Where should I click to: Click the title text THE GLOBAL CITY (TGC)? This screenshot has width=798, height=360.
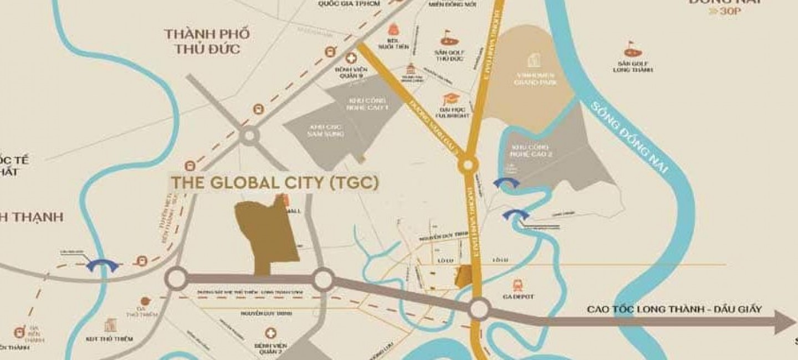coord(274,183)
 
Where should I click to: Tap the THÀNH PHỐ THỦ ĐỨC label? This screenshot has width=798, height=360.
coord(207,41)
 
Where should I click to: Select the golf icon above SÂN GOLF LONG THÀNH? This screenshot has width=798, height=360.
coord(632,49)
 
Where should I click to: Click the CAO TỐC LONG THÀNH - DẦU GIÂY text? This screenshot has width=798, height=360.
coord(674,309)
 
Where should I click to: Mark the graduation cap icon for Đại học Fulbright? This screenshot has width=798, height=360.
coord(448,99)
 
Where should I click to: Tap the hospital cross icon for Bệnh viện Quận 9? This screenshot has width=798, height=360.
coord(350,58)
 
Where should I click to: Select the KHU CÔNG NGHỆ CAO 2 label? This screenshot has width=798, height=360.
coord(530,151)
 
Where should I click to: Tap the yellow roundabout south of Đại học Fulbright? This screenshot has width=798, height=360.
coord(468,164)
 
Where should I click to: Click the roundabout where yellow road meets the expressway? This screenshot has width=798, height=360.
coord(478,309)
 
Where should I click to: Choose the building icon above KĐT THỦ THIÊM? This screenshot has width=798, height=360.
coord(111,325)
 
